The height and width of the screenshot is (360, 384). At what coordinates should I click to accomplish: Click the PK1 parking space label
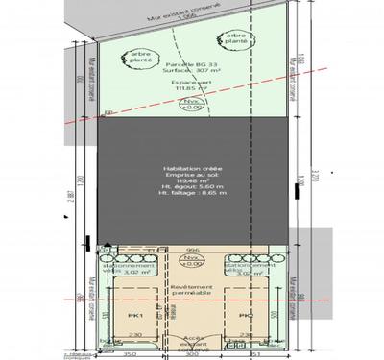point(134,313)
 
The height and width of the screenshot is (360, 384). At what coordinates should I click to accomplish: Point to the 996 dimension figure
point(192,245)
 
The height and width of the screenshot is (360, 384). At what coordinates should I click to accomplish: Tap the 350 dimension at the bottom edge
point(132,353)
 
